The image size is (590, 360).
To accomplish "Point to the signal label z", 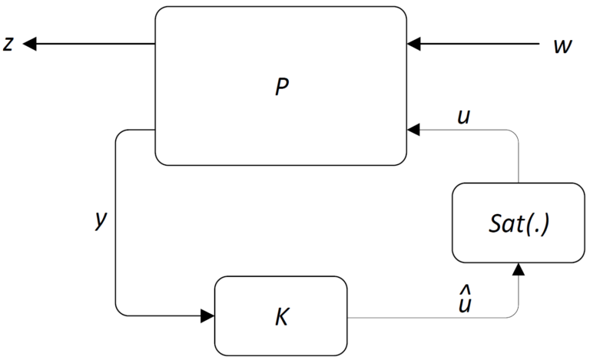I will (8, 45).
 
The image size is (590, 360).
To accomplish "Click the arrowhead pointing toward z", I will (30, 45).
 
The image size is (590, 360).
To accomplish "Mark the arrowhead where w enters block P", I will (415, 45).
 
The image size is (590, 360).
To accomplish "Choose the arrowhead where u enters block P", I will (415, 131).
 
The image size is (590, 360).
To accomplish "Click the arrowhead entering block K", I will (207, 315).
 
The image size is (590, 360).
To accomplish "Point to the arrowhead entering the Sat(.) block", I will (519, 269).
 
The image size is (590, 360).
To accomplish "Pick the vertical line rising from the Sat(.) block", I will (519, 157).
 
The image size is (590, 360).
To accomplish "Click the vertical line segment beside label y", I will (115, 223).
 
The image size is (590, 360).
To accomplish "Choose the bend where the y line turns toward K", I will (117, 313).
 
